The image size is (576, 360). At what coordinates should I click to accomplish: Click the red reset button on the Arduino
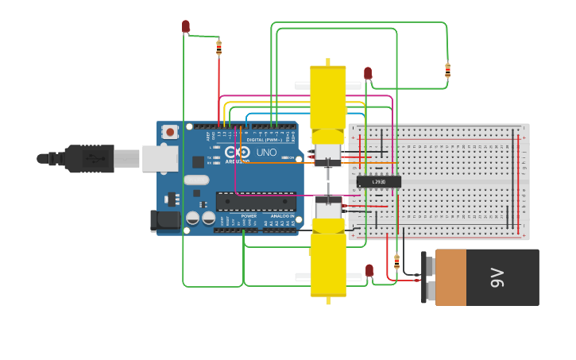pyautogui.click(x=171, y=131)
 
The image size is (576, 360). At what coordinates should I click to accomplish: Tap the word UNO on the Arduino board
pyautogui.click(x=266, y=152)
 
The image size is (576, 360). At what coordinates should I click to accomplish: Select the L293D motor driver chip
pyautogui.click(x=378, y=182)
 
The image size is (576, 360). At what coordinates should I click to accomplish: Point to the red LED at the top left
pyautogui.click(x=186, y=26)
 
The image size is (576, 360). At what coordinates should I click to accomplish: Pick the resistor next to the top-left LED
pyautogui.click(x=218, y=47)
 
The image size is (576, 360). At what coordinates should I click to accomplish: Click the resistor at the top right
pyautogui.click(x=447, y=70)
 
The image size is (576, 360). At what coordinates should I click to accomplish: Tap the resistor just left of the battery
pyautogui.click(x=396, y=261)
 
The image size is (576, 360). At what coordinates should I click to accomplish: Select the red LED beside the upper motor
pyautogui.click(x=368, y=73)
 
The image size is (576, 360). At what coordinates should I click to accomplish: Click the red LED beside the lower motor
pyautogui.click(x=369, y=270)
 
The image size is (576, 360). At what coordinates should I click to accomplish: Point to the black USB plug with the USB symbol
pyautogui.click(x=89, y=159)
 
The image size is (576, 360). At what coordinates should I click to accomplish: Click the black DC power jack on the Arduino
pyautogui.click(x=165, y=220)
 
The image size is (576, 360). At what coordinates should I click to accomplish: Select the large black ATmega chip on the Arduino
pyautogui.click(x=256, y=201)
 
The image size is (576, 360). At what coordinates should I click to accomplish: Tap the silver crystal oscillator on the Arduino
pyautogui.click(x=196, y=180)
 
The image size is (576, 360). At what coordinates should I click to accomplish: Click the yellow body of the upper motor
pyautogui.click(x=327, y=96)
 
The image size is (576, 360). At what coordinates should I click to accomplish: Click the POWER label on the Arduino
pyautogui.click(x=249, y=216)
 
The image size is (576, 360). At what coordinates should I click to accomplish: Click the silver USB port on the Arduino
pyautogui.click(x=160, y=159)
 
